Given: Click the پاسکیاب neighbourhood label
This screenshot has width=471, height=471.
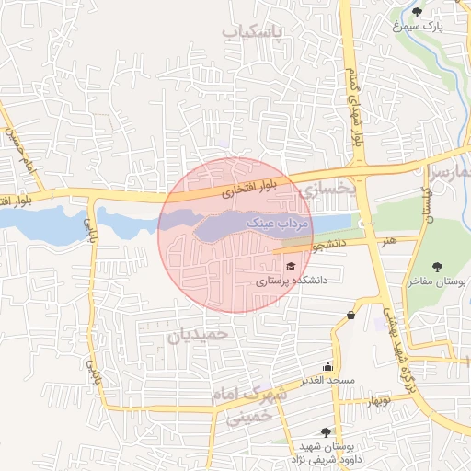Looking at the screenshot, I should click(253, 33).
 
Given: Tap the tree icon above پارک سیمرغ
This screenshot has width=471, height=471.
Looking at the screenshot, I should click(418, 12).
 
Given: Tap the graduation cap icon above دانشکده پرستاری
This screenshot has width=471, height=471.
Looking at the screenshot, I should click(291, 266).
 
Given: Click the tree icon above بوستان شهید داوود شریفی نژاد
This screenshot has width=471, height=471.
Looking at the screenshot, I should click(326, 431).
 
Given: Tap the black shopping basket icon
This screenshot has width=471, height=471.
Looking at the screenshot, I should click(350, 316).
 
